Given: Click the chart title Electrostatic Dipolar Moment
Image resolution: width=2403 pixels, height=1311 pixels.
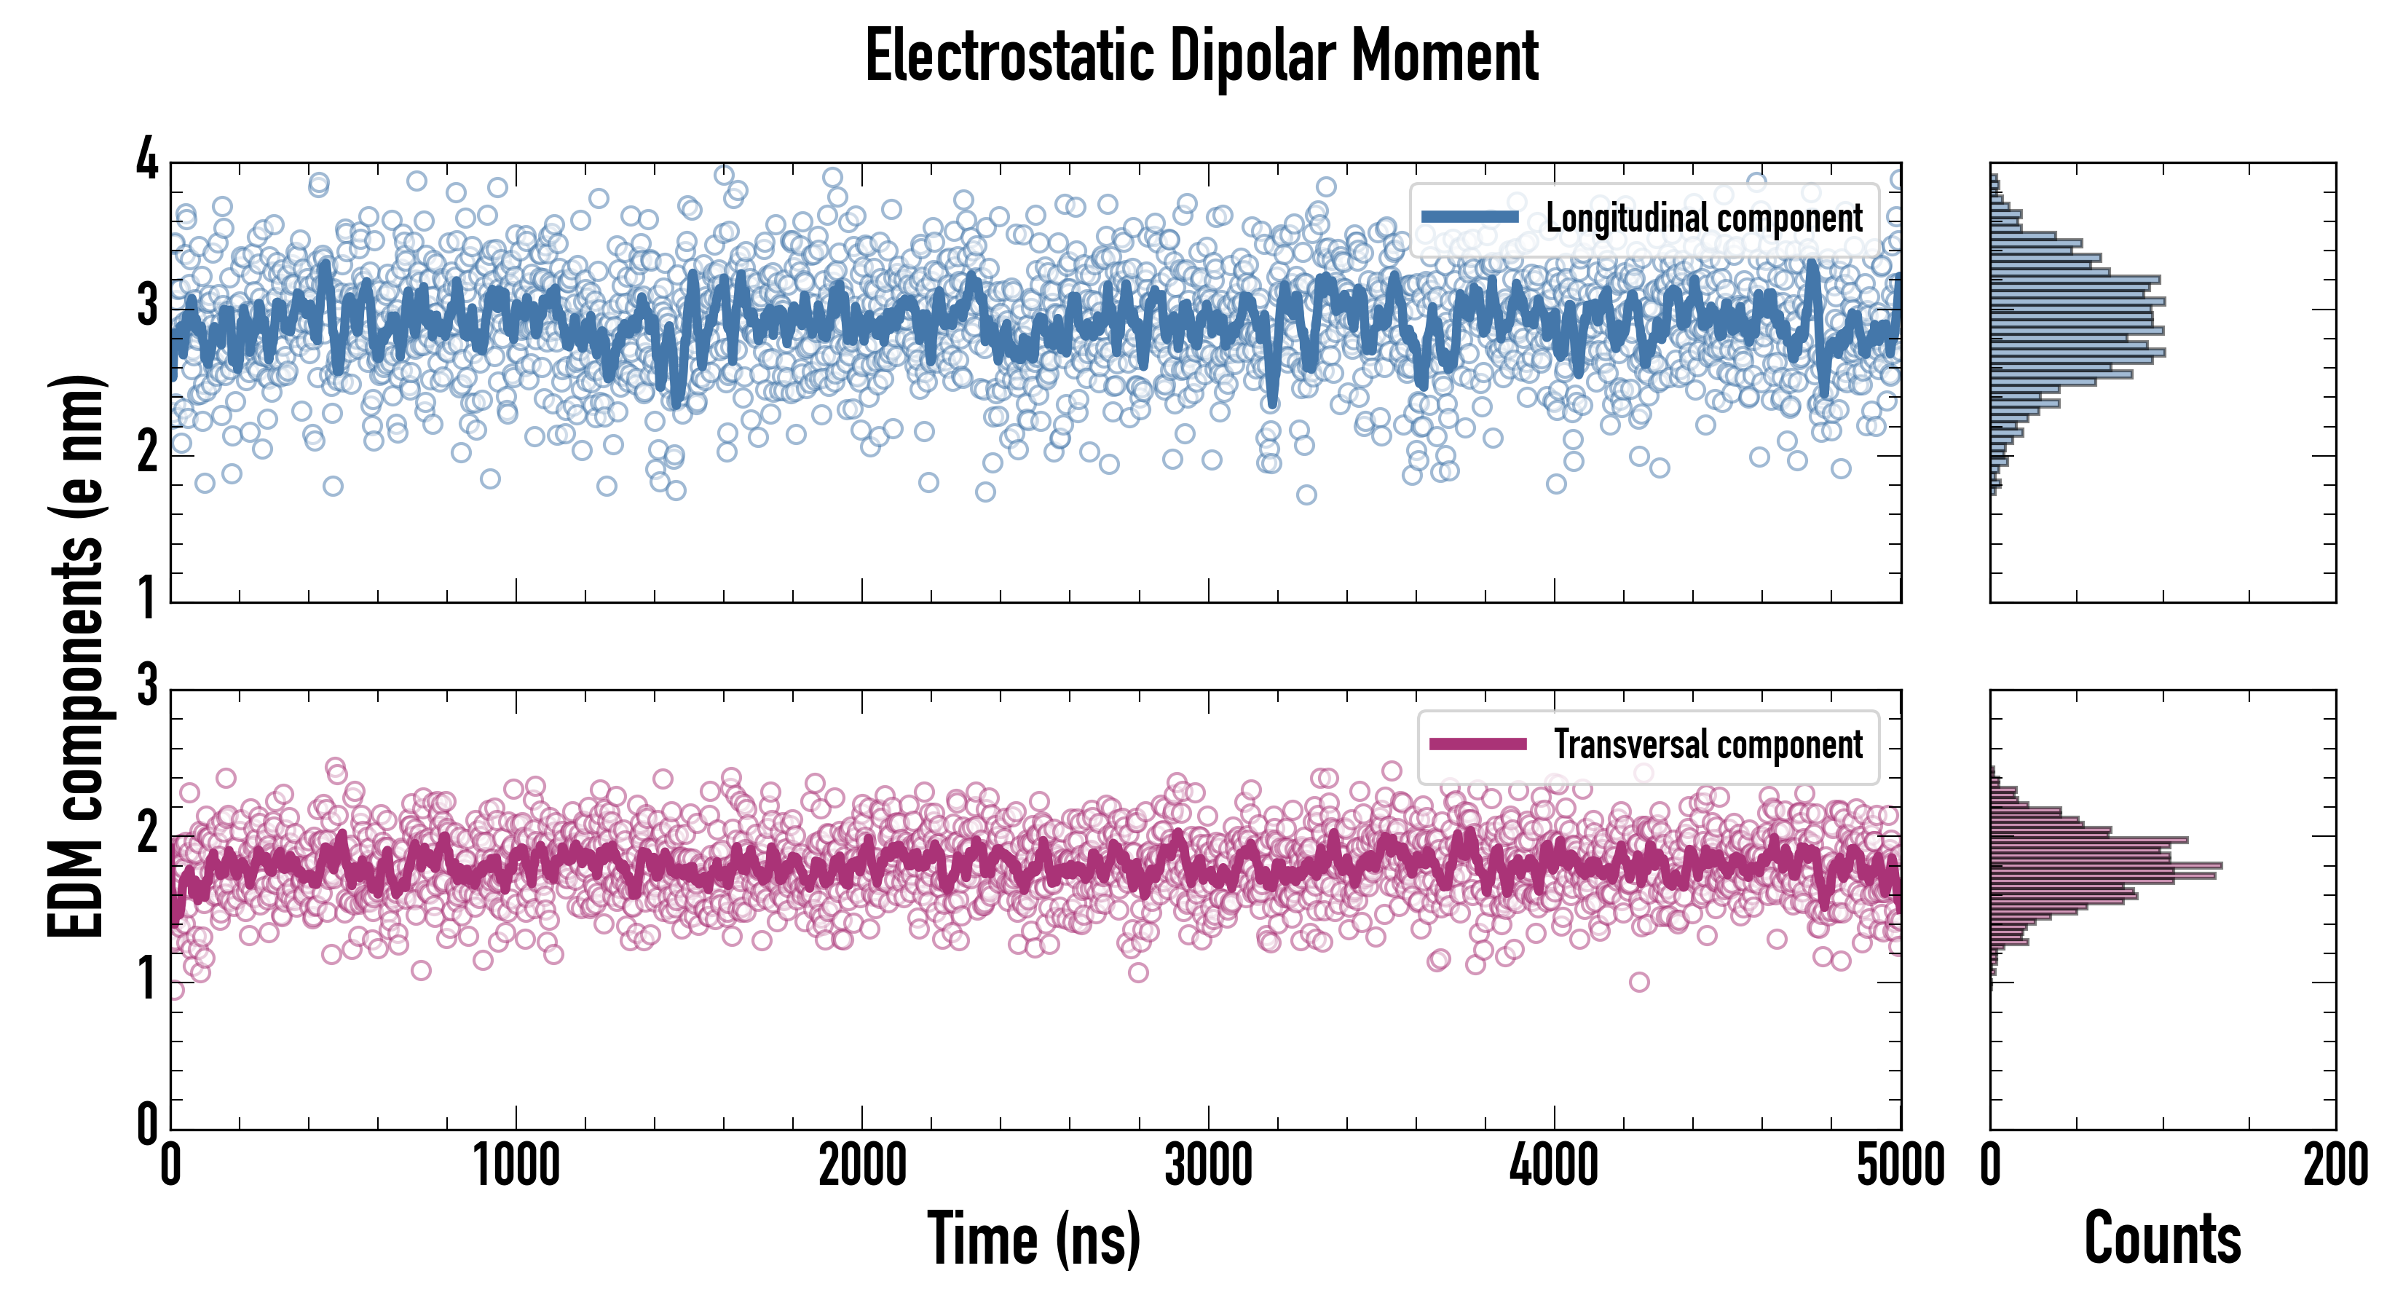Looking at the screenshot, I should point(1201,56).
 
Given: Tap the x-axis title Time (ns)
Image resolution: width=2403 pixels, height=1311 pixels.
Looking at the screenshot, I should point(1033,1239).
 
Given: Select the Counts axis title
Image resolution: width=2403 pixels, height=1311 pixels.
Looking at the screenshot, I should point(2162,1239).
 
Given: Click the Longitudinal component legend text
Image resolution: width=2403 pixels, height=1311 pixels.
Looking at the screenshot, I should point(1703,219).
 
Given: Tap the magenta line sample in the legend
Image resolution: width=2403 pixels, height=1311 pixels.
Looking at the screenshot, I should point(1477,744).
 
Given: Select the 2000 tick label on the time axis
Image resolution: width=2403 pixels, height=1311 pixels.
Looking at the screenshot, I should point(863,1166).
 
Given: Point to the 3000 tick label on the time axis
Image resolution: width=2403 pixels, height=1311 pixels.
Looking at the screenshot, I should point(1209,1166).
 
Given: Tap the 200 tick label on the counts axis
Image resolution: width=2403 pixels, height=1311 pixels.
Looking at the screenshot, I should point(2335,1166).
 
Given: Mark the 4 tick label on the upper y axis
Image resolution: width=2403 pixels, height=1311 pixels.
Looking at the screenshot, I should point(147,160).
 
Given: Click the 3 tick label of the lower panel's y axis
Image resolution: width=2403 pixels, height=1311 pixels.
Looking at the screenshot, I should point(147,686).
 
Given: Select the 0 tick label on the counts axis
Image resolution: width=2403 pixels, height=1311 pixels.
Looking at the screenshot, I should point(1991,1166).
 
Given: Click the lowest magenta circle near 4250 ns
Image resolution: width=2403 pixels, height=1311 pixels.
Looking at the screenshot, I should point(1639,982).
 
